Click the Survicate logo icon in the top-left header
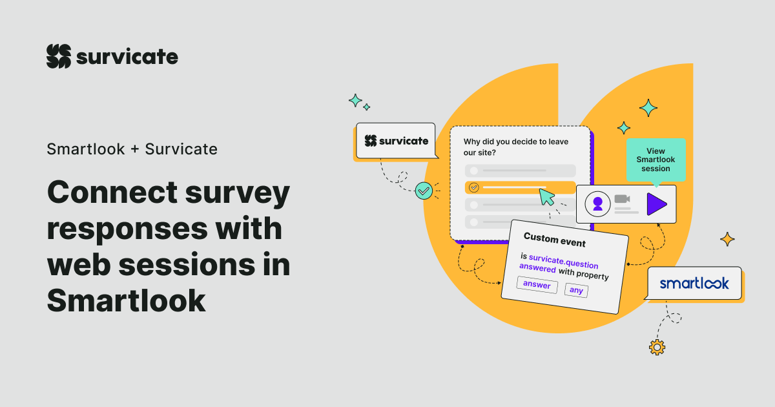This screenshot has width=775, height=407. (59, 56)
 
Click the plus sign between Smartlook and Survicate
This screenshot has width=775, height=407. (134, 149)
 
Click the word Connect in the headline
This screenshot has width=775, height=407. (112, 193)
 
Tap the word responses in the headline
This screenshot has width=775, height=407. (128, 229)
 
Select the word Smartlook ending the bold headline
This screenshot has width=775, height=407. (127, 300)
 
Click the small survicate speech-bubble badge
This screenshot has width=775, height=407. (396, 141)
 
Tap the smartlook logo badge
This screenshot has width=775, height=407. (694, 283)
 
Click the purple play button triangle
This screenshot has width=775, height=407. (656, 204)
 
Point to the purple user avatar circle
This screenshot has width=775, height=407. (597, 204)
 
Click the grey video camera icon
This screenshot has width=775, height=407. (622, 199)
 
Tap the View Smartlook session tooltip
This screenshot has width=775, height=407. (656, 160)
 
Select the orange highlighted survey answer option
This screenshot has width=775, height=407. (520, 187)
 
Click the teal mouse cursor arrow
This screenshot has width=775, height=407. (546, 197)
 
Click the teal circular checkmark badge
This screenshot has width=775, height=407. (424, 191)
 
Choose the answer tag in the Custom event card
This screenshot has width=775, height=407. (537, 285)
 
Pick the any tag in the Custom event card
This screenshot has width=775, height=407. (576, 290)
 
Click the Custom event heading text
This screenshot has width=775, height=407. (555, 240)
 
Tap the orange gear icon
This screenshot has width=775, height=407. (657, 348)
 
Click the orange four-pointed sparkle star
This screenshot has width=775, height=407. (727, 239)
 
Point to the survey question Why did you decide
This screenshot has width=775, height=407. (516, 147)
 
